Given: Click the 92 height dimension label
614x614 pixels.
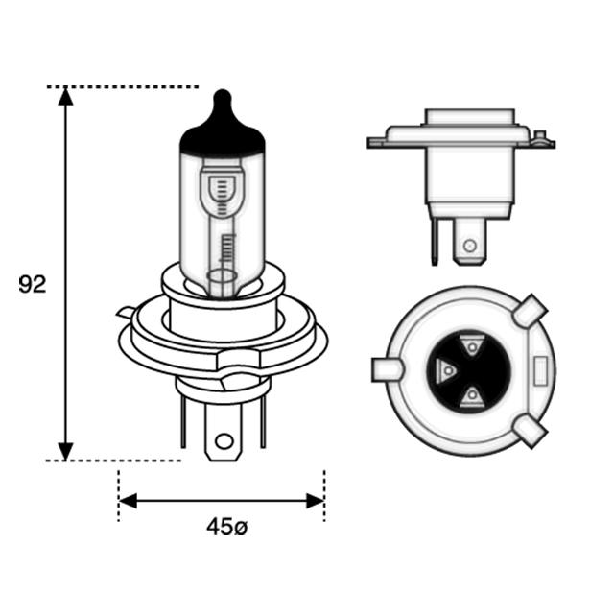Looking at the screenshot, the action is [33, 284].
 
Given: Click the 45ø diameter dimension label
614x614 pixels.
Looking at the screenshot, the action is [227, 527].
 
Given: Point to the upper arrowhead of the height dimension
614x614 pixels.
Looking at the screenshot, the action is [65, 97].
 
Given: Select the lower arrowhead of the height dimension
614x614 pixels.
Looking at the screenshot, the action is [65, 452].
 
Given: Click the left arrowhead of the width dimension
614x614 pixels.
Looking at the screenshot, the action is [128, 501].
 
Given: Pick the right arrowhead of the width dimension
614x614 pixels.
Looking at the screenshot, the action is [315, 501].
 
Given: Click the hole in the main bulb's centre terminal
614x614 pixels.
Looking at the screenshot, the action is [224, 441].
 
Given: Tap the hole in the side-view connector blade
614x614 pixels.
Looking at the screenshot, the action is [469, 246].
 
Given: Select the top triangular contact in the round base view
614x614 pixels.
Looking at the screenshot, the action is [471, 345].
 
